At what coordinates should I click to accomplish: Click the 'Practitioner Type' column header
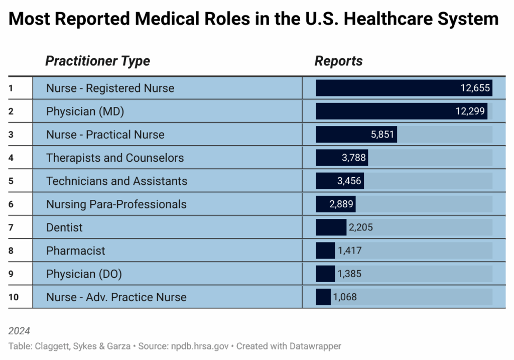point(97,61)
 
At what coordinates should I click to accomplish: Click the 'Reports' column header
point(338,61)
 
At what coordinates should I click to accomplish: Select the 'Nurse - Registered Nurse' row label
point(110,88)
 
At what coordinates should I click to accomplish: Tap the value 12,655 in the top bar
point(475,88)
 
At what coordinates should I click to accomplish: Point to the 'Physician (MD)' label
point(85,111)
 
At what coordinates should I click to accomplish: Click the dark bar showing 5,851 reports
point(356,135)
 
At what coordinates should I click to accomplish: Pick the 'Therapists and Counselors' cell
point(115,158)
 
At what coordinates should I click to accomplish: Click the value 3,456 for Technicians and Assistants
point(349,181)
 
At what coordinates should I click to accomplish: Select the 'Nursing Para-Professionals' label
point(116,204)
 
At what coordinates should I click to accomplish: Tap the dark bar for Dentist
point(331,227)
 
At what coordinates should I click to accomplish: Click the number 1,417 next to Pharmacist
point(349,251)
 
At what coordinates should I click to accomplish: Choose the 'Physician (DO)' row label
point(84,274)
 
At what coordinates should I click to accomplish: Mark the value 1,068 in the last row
point(344,297)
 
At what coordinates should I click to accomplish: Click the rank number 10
point(14,297)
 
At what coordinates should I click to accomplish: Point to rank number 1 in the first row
point(11,88)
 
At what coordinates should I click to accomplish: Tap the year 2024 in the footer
point(19,331)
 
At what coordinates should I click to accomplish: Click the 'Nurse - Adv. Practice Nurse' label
point(116,297)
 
